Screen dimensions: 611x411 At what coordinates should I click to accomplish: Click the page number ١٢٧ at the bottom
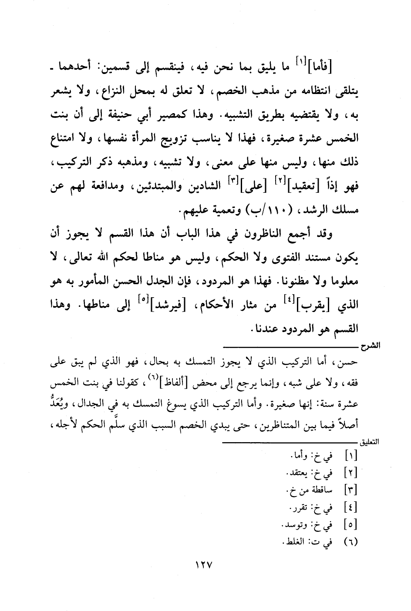(x=203, y=576)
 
